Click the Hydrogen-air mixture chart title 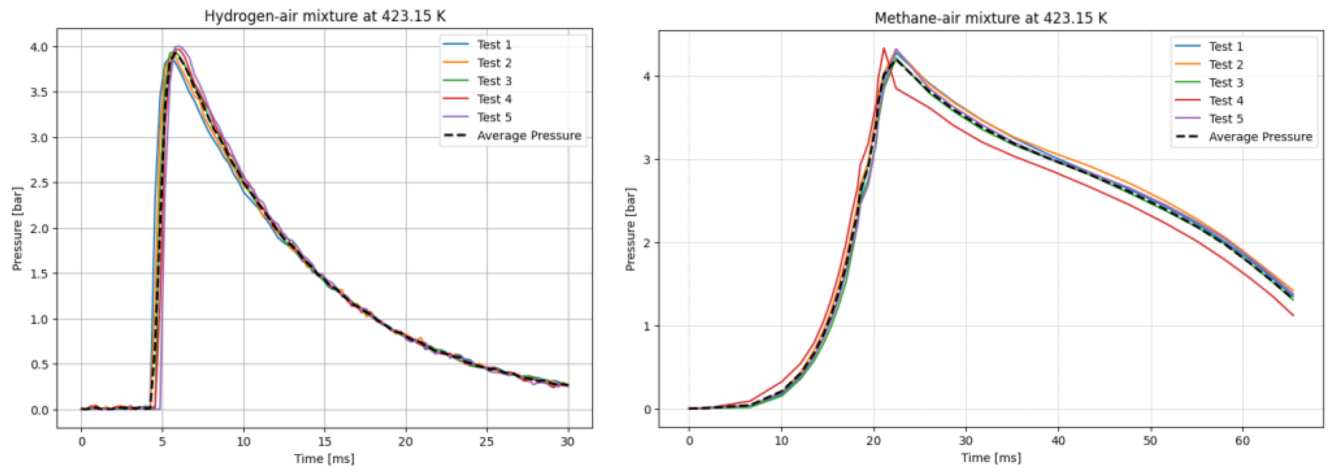click(325, 16)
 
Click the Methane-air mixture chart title click(991, 18)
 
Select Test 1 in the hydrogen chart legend click(494, 45)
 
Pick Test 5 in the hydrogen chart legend click(494, 117)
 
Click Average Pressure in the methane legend click(1260, 137)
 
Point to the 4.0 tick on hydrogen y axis click(39, 47)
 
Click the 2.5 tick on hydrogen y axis click(39, 183)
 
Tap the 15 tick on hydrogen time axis click(325, 442)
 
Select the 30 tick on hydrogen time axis click(568, 442)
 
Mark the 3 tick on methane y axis click(647, 160)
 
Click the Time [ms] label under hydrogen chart click(325, 459)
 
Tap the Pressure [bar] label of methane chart click(630, 229)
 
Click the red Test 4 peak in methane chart click(884, 48)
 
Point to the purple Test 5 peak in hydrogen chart click(179, 46)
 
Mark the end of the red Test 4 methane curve click(1293, 315)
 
